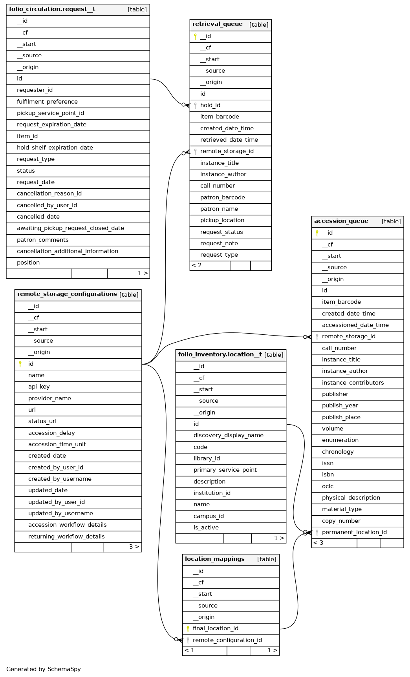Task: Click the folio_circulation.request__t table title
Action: pyautogui.click(x=52, y=9)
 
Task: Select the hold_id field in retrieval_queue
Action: pyautogui.click(x=210, y=105)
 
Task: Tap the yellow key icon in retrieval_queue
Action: pyautogui.click(x=195, y=36)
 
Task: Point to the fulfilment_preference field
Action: pyautogui.click(x=47, y=102)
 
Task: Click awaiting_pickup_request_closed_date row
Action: pyautogui.click(x=70, y=228)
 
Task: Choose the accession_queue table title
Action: pyautogui.click(x=341, y=221)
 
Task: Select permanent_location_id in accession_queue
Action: pyautogui.click(x=354, y=532)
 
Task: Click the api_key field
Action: pyautogui.click(x=39, y=387)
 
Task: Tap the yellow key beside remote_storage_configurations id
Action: pyautogui.click(x=20, y=364)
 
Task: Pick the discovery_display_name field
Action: pyautogui.click(x=228, y=435)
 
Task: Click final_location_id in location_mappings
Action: pyautogui.click(x=215, y=628)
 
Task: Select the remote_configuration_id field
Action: pyautogui.click(x=227, y=640)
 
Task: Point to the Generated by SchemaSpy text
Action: pyautogui.click(x=44, y=669)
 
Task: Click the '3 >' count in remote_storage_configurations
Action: pyautogui.click(x=134, y=547)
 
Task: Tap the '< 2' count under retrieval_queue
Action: pyautogui.click(x=197, y=266)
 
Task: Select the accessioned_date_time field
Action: pyautogui.click(x=355, y=325)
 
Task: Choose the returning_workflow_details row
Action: pyautogui.click(x=66, y=536)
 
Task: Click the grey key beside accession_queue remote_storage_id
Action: pyautogui.click(x=317, y=337)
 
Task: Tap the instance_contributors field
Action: pyautogui.click(x=353, y=383)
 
